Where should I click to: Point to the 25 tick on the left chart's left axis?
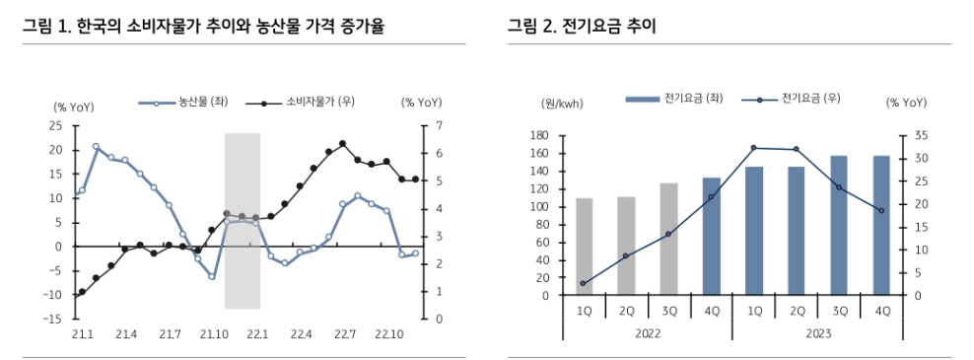(x=55, y=126)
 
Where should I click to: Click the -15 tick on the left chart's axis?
(x=53, y=320)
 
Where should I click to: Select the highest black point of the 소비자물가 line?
(x=342, y=144)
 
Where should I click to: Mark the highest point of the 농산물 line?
(x=96, y=147)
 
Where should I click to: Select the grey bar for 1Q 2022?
(x=585, y=247)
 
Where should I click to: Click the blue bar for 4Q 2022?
(x=712, y=237)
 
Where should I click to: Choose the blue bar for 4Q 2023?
(x=881, y=225)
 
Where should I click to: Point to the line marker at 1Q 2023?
(x=754, y=148)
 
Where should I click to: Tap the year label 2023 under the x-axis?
(x=817, y=333)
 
